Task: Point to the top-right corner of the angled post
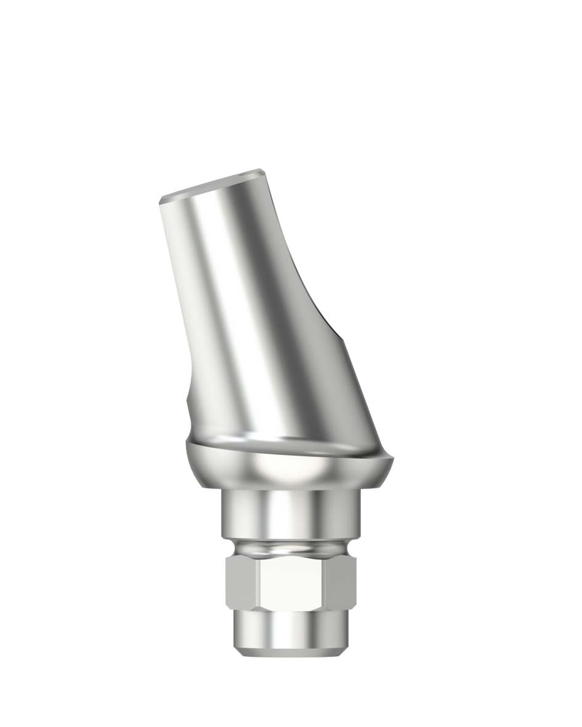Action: [263, 170]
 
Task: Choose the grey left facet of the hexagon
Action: [242, 582]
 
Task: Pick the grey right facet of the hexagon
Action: [341, 582]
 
